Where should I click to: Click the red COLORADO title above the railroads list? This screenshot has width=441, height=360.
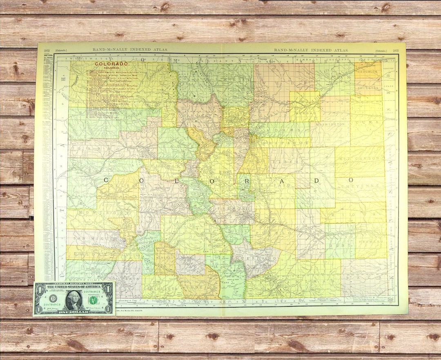(x=112, y=64)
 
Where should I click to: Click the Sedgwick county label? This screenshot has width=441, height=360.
(x=367, y=71)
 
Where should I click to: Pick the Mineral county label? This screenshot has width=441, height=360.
(x=165, y=258)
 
